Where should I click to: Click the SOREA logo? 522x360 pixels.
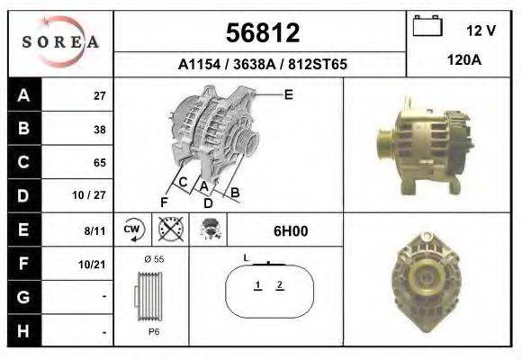click(x=60, y=41)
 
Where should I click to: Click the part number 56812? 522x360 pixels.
click(x=261, y=33)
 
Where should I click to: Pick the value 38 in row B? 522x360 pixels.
click(x=99, y=130)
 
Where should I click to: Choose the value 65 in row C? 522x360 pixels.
click(x=99, y=163)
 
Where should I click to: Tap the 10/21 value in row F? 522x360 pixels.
click(x=94, y=264)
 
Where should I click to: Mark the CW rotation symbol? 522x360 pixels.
click(x=133, y=230)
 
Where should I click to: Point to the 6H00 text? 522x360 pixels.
click(x=291, y=230)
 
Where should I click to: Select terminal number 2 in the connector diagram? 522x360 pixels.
click(x=281, y=285)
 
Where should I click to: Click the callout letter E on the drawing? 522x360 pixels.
click(x=288, y=94)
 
